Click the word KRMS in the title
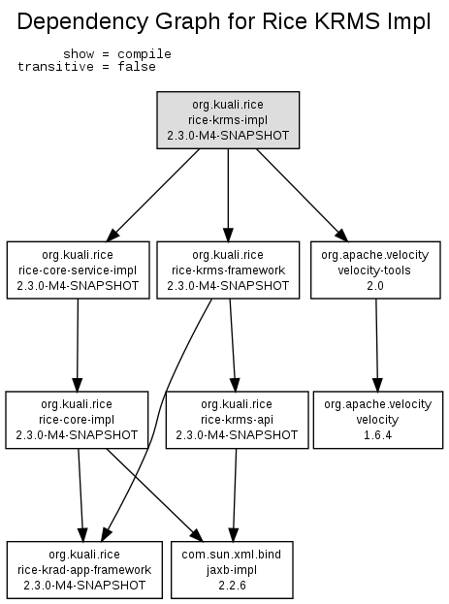[x=347, y=21]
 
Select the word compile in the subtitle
[x=144, y=54]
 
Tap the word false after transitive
[x=137, y=67]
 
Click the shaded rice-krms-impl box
[x=228, y=120]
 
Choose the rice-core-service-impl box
[x=78, y=270]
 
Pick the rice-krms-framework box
[x=228, y=270]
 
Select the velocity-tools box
[x=375, y=270]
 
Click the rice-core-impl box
[x=77, y=420]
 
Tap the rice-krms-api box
[x=237, y=420]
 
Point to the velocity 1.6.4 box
[x=378, y=420]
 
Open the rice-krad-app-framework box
[x=84, y=570]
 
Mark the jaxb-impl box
[x=232, y=570]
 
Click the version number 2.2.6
[x=232, y=586]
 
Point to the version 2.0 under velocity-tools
[x=375, y=286]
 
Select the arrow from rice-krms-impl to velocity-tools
[x=303, y=195]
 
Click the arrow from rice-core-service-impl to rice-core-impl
[x=78, y=345]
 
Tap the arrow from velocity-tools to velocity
[x=377, y=345]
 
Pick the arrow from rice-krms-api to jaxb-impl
[x=235, y=495]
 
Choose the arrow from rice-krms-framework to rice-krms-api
[x=233, y=345]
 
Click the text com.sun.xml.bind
[x=231, y=555]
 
